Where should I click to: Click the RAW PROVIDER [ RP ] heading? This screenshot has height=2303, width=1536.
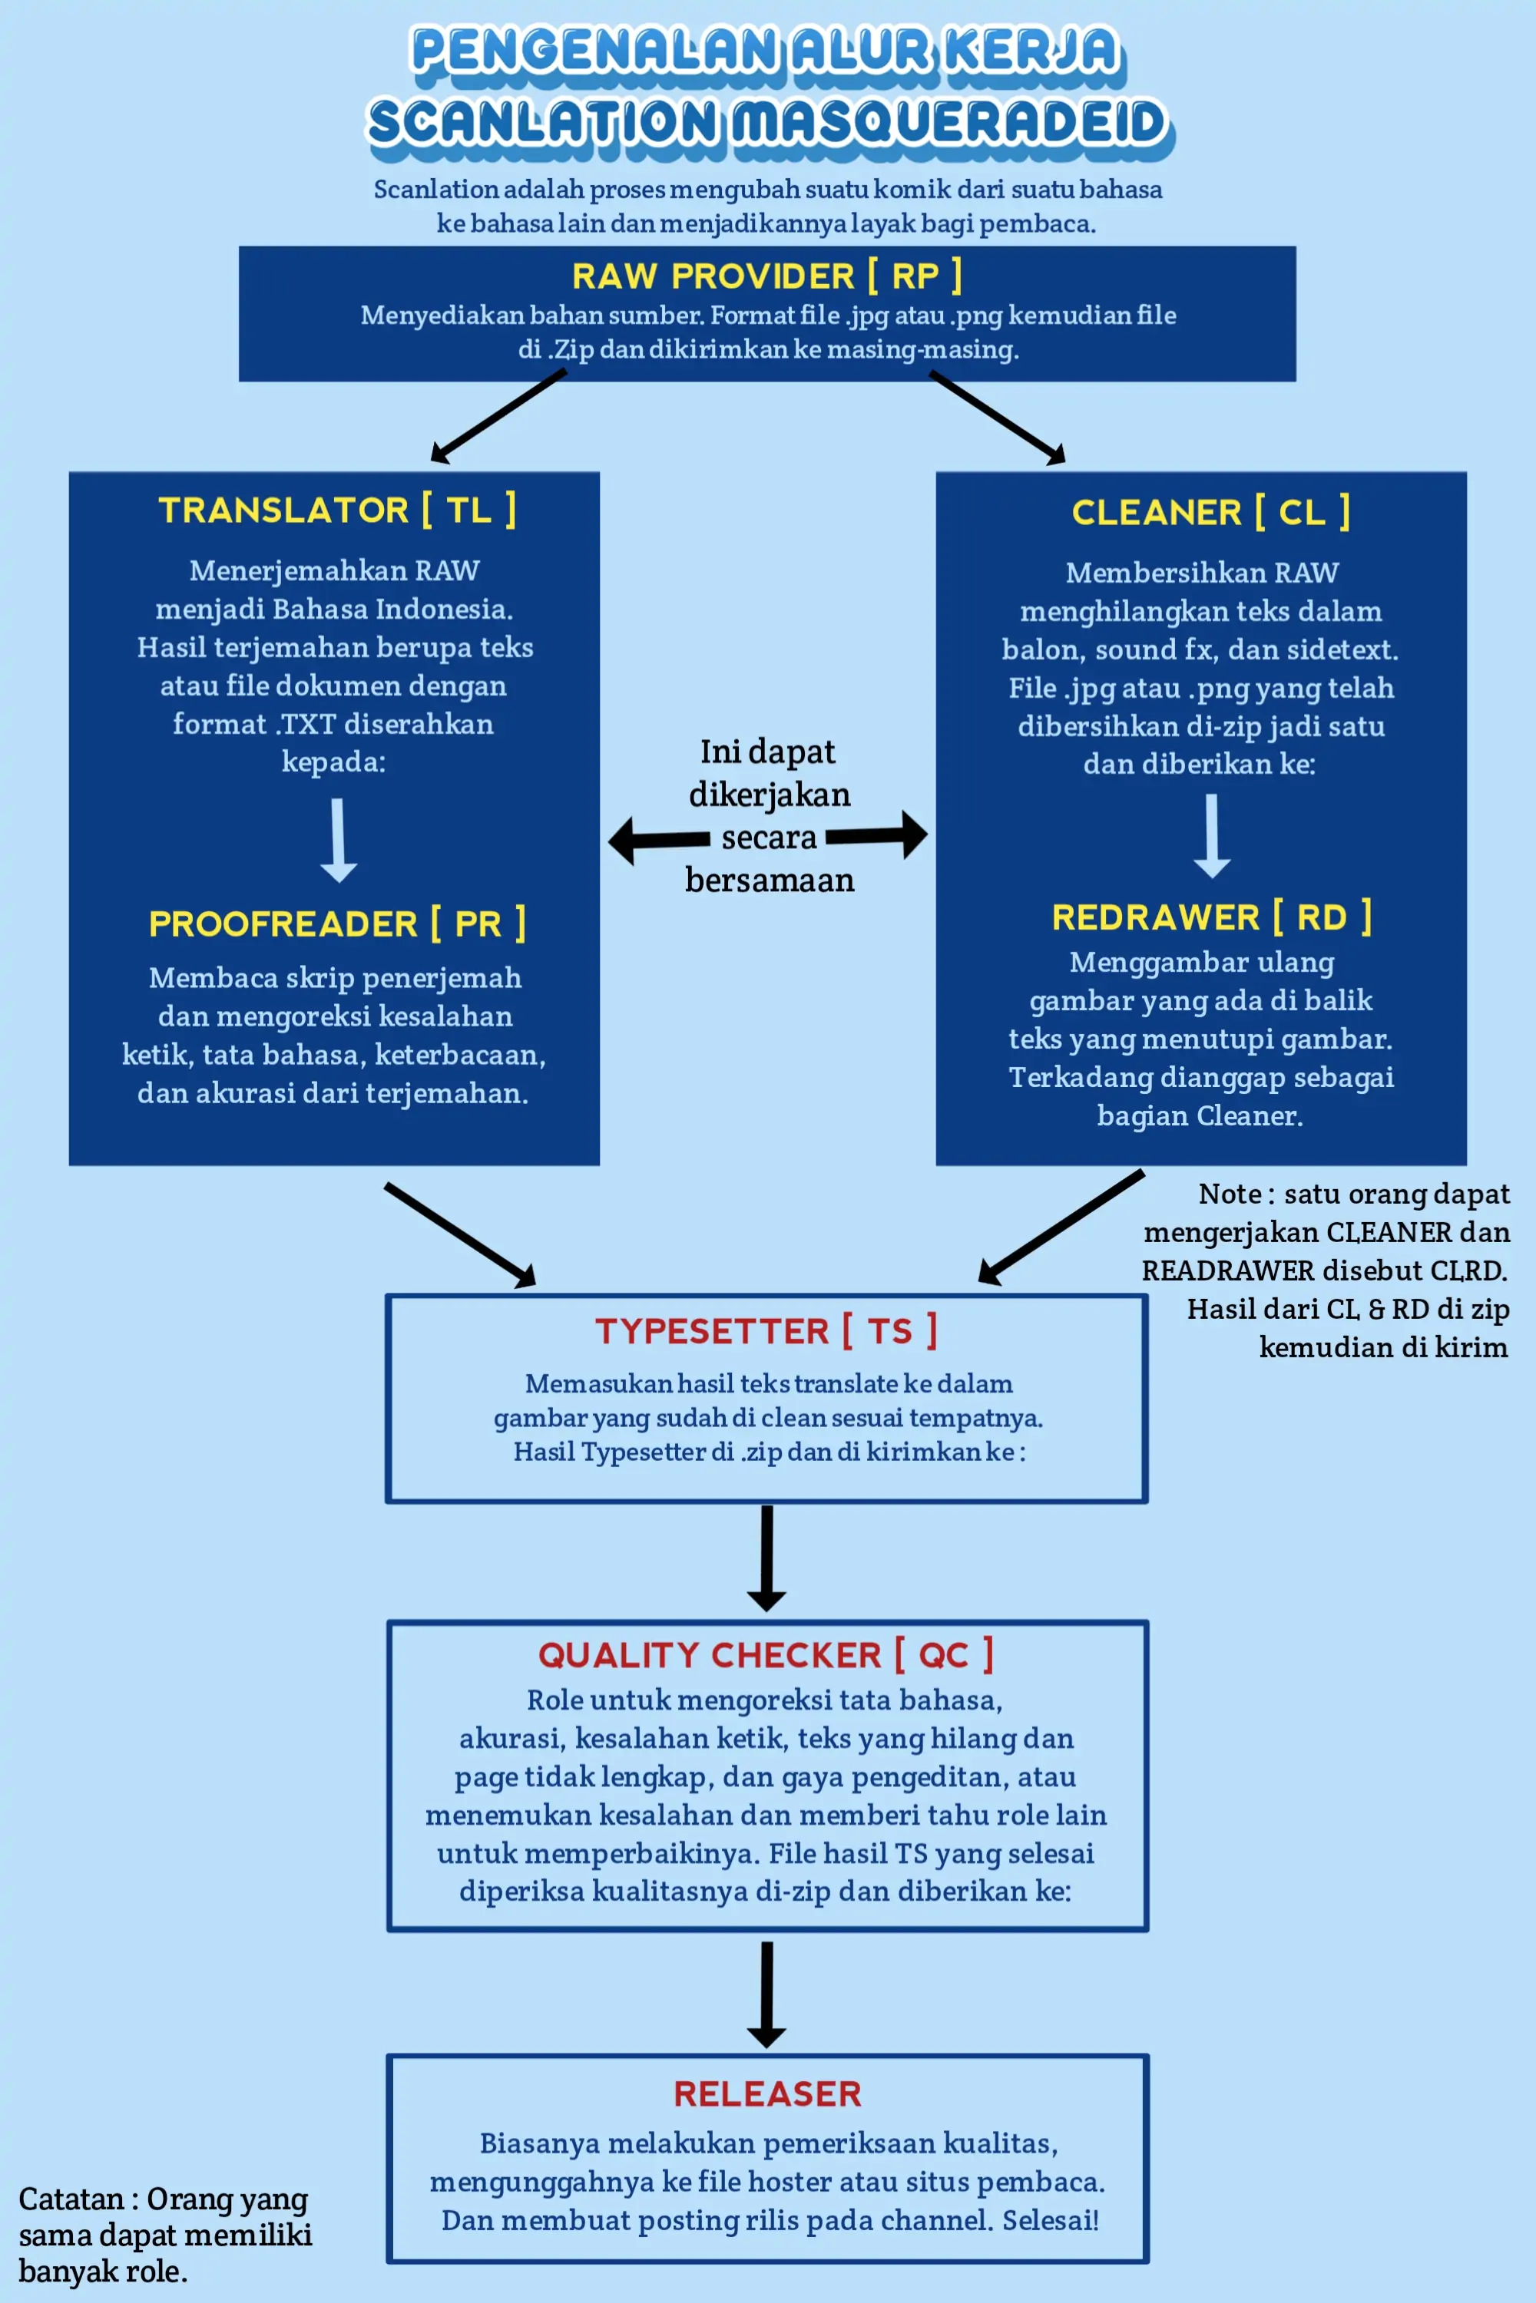tap(767, 276)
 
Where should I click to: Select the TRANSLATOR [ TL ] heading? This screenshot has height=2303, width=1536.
tap(337, 510)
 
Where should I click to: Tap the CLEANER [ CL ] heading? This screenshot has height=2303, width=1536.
tap(1211, 512)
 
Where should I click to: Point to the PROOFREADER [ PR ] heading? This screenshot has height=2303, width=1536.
tap(337, 924)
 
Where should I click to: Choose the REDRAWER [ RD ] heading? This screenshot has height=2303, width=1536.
tap(1212, 917)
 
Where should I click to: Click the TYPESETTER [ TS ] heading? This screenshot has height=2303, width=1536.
tap(766, 1330)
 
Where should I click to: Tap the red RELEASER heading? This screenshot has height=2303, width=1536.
tap(767, 2093)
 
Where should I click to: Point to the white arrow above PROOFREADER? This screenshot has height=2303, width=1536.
tap(338, 840)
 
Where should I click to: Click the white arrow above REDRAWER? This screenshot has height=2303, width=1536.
tap(1212, 835)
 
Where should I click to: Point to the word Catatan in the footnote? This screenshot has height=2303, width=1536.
tap(71, 2199)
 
